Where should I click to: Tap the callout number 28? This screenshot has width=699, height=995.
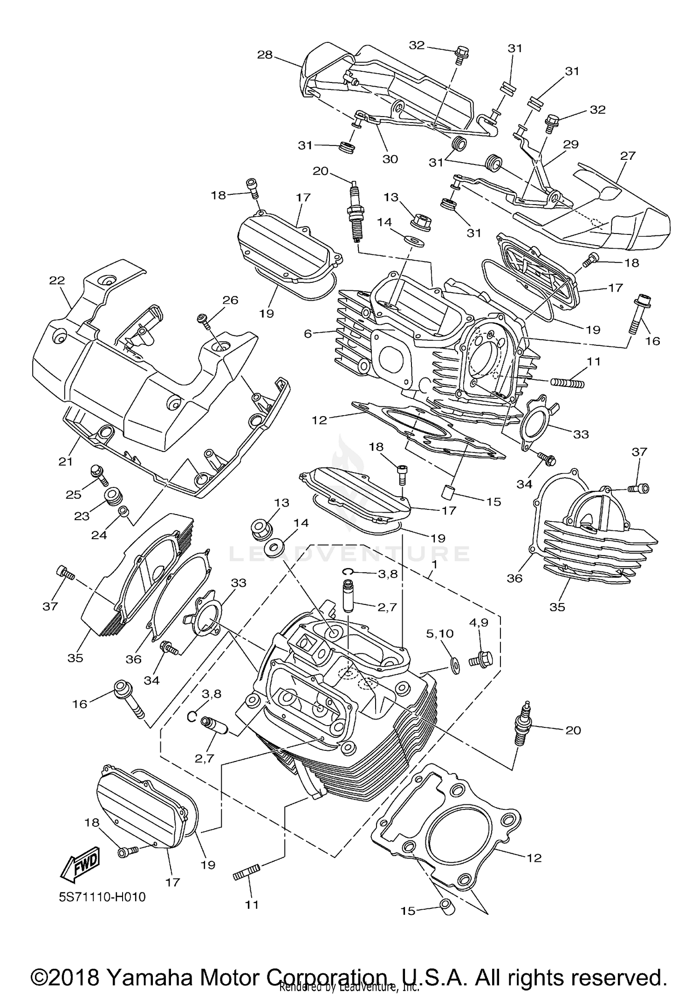tap(265, 55)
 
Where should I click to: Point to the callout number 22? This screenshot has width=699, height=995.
tap(57, 280)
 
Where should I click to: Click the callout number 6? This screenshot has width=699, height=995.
tap(308, 333)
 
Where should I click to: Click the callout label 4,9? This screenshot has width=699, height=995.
tap(479, 622)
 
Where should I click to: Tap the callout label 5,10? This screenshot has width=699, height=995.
tap(439, 633)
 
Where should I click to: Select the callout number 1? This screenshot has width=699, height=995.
tap(434, 563)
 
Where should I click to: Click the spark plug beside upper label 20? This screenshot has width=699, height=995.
tap(355, 212)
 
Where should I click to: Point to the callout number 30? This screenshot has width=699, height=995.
tap(390, 159)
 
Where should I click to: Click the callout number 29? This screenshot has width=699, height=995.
tap(570, 144)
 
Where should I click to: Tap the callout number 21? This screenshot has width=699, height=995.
tap(66, 461)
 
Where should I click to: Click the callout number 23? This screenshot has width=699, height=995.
tap(82, 516)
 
